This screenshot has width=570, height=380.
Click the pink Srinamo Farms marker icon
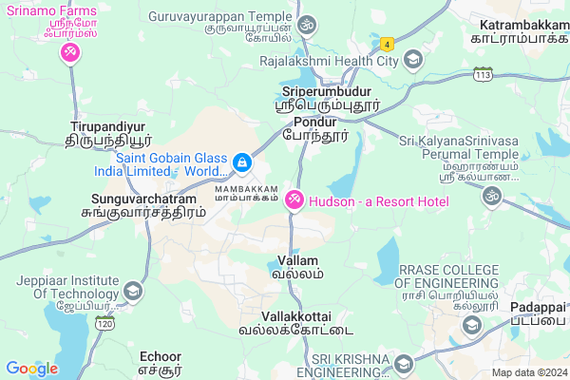pos(69,53)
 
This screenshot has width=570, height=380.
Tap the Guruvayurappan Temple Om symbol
pos(306,23)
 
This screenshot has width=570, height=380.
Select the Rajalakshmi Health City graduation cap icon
pos(412,61)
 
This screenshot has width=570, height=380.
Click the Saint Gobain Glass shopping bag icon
pos(243,163)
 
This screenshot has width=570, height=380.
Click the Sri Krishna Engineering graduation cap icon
pos(403,364)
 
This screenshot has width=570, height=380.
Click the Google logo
pos(32,369)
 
